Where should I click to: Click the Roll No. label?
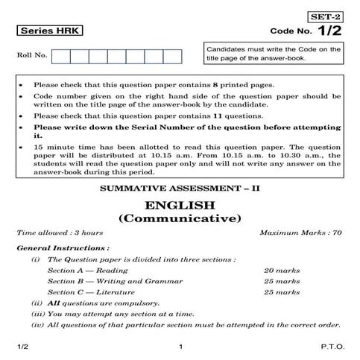click(x=31, y=56)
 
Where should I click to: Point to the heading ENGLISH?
click(x=180, y=206)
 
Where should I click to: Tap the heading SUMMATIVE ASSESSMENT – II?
click(x=180, y=189)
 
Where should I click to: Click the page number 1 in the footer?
click(x=180, y=347)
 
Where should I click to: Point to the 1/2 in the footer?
click(x=22, y=347)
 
